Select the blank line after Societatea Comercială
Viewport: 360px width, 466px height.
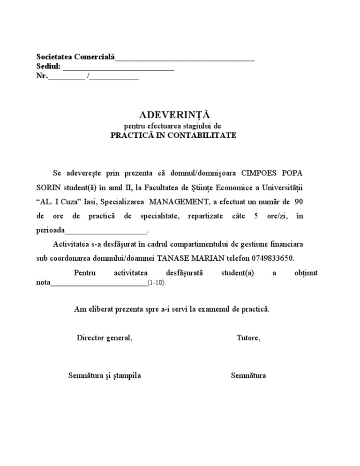(185, 58)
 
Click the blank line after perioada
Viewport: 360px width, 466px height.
(106, 231)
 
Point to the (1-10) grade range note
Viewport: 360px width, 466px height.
(157, 284)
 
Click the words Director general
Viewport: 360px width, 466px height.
(105, 338)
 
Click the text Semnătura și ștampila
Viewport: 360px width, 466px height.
(105, 376)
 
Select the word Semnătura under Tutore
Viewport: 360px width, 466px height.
(248, 376)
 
